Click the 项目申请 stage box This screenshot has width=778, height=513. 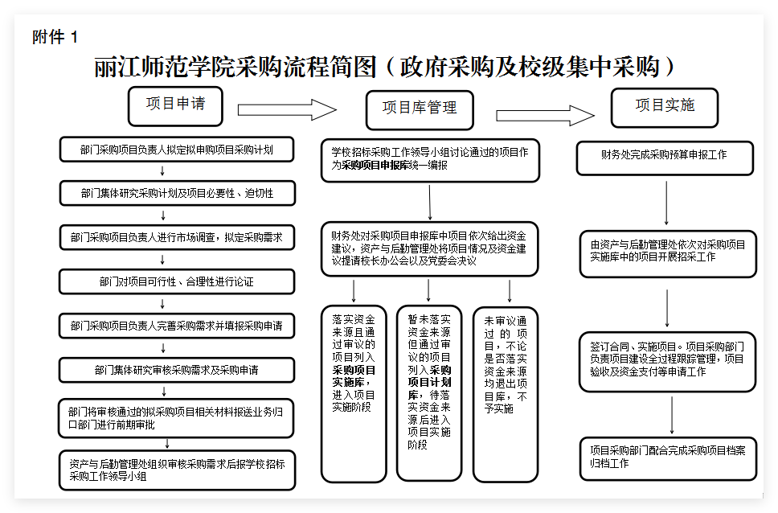tap(174, 105)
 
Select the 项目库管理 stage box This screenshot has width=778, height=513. tap(419, 109)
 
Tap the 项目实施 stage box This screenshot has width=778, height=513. tap(664, 106)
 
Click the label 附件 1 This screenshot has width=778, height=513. tap(55, 37)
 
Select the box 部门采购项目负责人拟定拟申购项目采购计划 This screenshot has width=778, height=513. tap(177, 150)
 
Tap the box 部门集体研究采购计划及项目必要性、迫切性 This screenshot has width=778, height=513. tap(177, 193)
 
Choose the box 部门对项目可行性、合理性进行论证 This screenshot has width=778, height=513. tap(177, 281)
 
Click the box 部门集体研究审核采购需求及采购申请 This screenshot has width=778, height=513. tap(177, 370)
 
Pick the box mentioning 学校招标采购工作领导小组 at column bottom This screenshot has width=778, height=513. tap(177, 470)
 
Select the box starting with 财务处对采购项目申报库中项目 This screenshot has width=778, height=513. tap(429, 248)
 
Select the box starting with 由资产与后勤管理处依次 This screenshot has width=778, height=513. tap(667, 251)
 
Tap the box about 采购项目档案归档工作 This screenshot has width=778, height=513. tap(667, 457)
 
